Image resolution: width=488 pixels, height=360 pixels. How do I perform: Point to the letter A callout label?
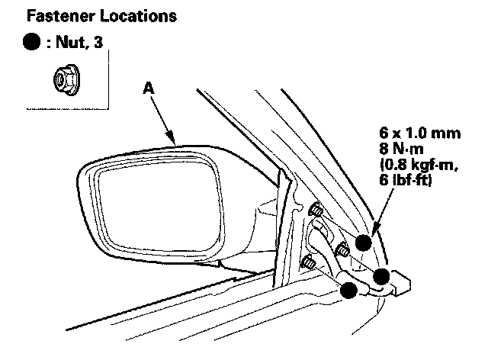coord(148,89)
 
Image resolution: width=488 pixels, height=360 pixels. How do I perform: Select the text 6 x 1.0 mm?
coord(424,134)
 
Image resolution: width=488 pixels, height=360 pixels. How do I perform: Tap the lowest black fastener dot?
coord(348,290)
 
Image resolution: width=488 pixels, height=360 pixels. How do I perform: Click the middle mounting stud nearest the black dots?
coord(342,249)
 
